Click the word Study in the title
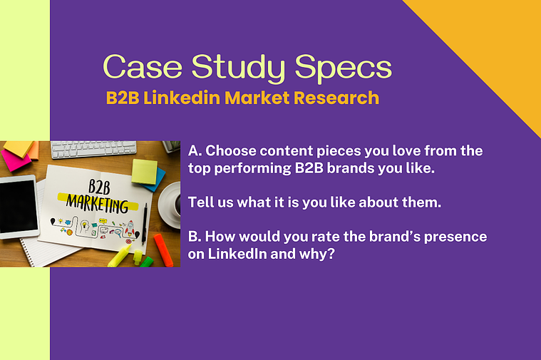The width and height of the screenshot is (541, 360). pos(238,68)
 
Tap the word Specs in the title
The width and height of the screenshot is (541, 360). pos(344,68)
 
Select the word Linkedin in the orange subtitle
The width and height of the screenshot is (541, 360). pos(182,98)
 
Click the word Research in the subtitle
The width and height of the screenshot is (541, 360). pos(336,98)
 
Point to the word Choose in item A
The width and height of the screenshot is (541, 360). pos(231,151)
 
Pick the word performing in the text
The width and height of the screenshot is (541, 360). pos(252,168)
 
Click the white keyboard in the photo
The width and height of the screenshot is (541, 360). pos(93,149)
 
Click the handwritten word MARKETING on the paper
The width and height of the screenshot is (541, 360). pos(98,203)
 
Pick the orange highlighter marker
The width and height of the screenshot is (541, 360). pos(163,250)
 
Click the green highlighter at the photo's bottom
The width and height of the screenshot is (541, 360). pos(146,262)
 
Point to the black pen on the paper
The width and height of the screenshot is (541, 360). pos(145,224)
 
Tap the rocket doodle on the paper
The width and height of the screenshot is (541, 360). pos(130,227)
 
